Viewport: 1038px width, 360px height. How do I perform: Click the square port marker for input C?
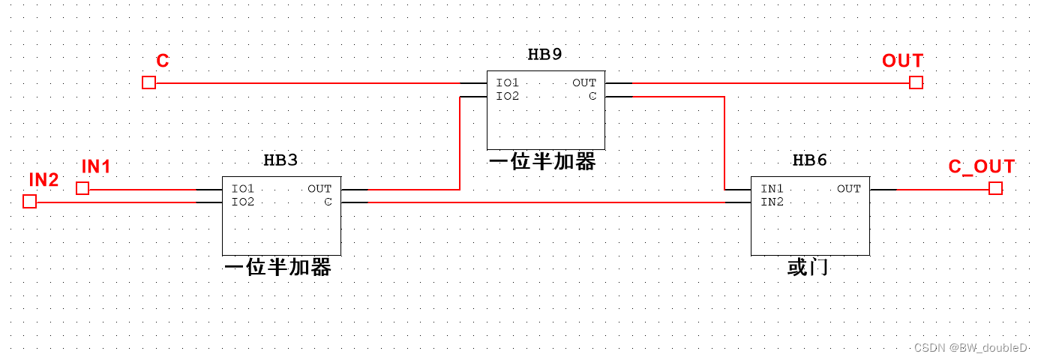[x=148, y=82]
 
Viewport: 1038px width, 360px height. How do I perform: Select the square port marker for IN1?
[x=82, y=189]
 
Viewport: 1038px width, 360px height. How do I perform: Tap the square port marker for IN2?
[x=29, y=202]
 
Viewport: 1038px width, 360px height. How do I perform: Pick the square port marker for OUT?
[x=916, y=82]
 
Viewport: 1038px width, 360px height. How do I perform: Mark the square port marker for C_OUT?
[x=995, y=188]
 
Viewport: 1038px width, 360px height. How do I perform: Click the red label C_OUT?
[x=981, y=167]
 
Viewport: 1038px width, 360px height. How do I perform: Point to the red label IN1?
[x=96, y=167]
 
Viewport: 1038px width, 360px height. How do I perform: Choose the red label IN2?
[x=43, y=180]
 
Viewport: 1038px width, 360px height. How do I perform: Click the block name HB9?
[x=544, y=54]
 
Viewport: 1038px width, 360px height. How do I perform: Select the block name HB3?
[x=280, y=160]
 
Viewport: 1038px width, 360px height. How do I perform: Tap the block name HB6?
[x=810, y=160]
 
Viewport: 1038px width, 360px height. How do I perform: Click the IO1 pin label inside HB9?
[x=507, y=83]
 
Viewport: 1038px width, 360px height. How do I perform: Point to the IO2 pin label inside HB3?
[x=243, y=202]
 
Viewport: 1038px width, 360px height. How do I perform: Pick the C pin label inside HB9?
[x=592, y=96]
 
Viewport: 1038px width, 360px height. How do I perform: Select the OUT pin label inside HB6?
[x=848, y=189]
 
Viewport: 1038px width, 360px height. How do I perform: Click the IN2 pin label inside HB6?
[x=772, y=202]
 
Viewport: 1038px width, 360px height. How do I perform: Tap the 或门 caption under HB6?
[x=808, y=267]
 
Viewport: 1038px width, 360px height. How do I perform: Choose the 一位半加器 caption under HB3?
[x=277, y=268]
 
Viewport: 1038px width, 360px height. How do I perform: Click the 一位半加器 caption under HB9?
[x=542, y=162]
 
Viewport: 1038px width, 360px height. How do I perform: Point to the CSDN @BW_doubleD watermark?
[x=970, y=348]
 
